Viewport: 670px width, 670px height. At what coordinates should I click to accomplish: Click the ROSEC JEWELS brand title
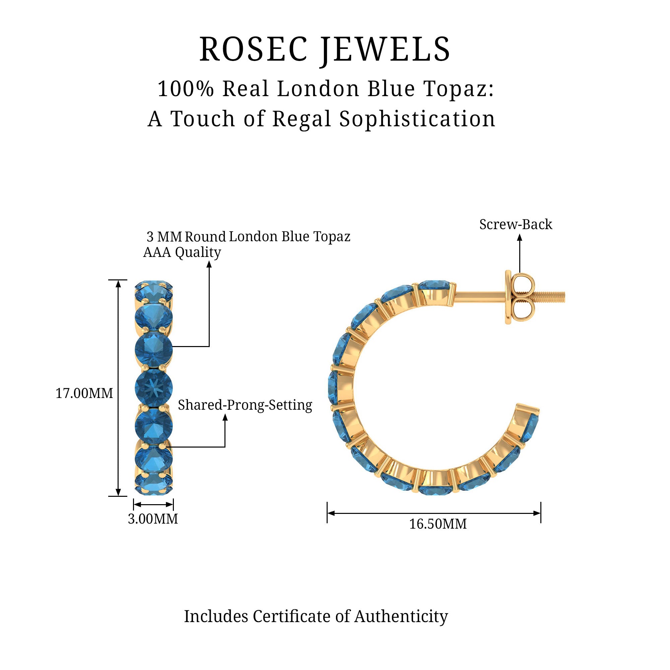(x=325, y=49)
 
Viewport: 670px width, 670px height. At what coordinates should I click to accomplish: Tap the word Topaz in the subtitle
(x=459, y=89)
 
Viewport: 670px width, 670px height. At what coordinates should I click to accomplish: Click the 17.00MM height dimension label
(x=84, y=393)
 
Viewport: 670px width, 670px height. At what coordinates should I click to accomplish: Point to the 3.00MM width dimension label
(x=153, y=519)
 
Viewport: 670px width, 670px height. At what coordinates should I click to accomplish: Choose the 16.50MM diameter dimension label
(x=438, y=524)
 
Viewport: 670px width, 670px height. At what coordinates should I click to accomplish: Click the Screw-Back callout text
(x=516, y=225)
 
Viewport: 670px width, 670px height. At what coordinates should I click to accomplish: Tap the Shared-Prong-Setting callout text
(x=245, y=405)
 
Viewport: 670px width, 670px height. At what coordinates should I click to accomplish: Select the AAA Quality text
(x=182, y=253)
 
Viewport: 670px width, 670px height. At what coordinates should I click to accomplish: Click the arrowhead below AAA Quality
(x=209, y=265)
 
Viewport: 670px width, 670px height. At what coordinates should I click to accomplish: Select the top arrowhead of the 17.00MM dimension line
(x=118, y=284)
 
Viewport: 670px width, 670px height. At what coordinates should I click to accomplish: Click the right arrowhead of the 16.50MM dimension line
(x=537, y=513)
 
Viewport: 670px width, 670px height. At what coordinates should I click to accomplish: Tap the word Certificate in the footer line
(x=292, y=616)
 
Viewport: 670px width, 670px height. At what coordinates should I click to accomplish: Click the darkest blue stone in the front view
(x=154, y=387)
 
